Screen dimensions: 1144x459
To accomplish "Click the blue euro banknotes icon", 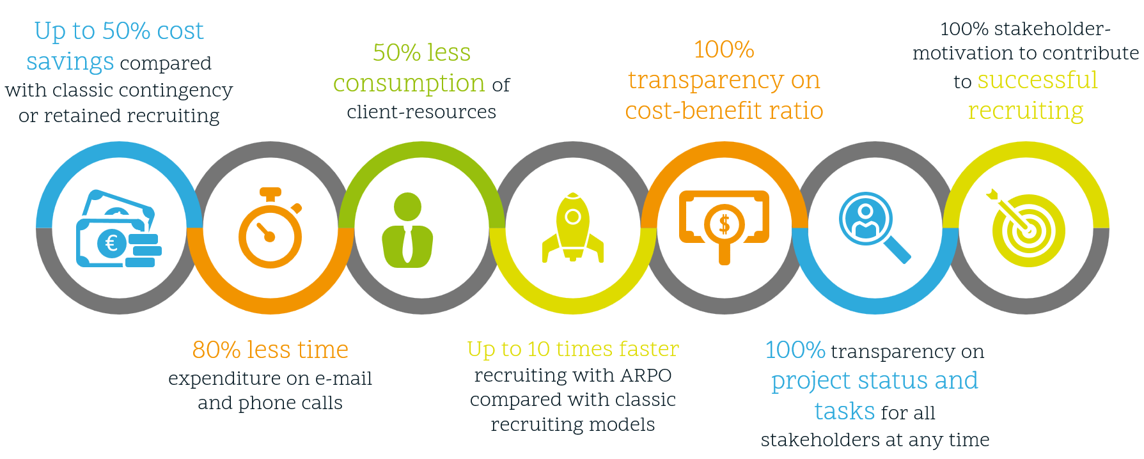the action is tap(118, 229).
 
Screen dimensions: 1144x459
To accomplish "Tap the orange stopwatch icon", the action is tap(270, 228).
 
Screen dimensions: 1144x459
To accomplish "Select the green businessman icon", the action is tap(407, 230).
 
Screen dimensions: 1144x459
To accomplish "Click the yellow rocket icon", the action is tap(573, 228).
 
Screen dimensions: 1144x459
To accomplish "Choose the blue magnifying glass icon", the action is tap(874, 228).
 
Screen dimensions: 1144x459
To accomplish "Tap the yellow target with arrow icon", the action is tap(1025, 228).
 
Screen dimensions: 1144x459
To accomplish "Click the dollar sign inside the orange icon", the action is tap(725, 224).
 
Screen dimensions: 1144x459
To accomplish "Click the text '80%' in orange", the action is tap(216, 350).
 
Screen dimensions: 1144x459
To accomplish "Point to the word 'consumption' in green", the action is tap(409, 83).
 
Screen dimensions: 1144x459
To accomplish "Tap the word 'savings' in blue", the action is tap(70, 62).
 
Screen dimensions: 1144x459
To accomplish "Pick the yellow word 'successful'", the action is tap(1037, 80).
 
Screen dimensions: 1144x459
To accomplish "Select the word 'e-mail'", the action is tap(343, 378).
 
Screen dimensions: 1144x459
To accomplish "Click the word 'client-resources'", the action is tap(421, 112).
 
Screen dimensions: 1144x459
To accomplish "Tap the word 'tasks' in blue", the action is tap(844, 411).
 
